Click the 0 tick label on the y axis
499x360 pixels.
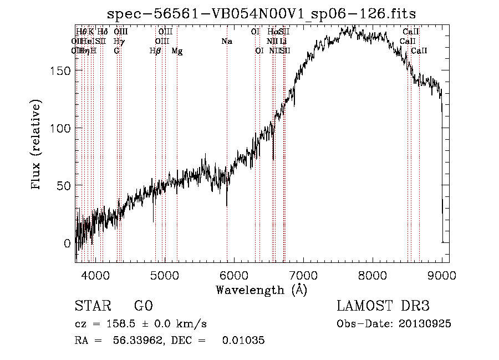(67, 243)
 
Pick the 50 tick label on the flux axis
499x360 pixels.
(64, 185)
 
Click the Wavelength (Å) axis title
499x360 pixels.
(261, 290)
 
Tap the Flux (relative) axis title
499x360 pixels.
(37, 145)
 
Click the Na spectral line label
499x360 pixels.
(226, 41)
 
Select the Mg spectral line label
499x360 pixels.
(177, 51)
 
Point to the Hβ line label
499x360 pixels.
(155, 51)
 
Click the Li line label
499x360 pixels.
(283, 41)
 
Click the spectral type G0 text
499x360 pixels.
(144, 306)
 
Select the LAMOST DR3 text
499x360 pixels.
(383, 306)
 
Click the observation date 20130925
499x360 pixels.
(427, 324)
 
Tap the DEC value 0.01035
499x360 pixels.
(243, 341)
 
